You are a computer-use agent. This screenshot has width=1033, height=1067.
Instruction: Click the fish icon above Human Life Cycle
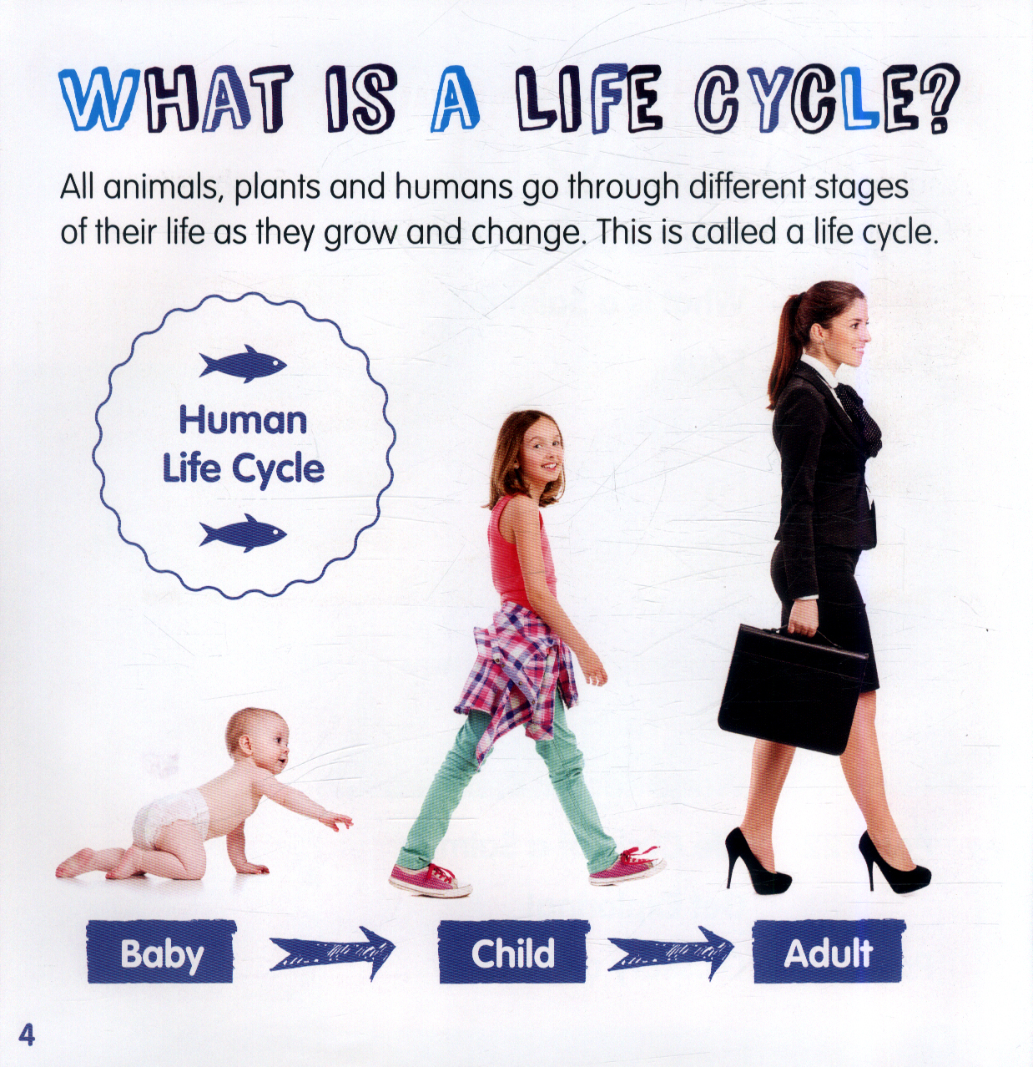(x=242, y=363)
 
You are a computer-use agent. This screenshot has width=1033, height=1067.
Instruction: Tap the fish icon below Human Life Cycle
(x=242, y=533)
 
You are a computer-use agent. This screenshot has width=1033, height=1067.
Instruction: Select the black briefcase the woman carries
(x=792, y=687)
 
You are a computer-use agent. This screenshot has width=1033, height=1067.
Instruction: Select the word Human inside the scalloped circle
(x=243, y=421)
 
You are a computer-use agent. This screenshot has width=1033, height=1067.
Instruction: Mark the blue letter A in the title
(x=455, y=100)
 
